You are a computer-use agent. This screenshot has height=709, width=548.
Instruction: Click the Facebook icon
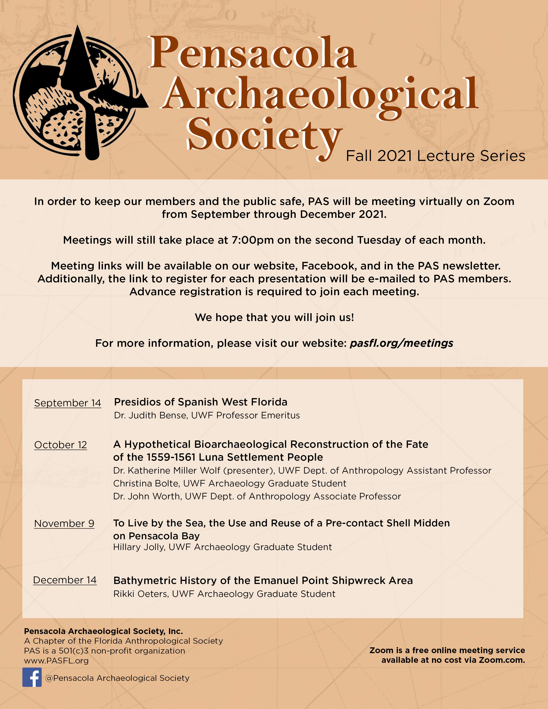(x=32, y=677)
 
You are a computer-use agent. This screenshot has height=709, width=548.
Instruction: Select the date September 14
(x=67, y=403)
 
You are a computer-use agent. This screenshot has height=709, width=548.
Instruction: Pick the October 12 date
(x=60, y=445)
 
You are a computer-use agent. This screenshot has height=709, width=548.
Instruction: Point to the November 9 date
(x=64, y=523)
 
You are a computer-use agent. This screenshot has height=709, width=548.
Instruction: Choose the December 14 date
(x=65, y=580)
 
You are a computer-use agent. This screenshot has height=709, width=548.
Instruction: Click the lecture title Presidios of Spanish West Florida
(x=200, y=402)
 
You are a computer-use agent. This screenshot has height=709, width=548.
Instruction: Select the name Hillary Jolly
(x=139, y=547)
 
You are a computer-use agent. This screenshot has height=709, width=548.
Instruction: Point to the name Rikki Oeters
(x=141, y=594)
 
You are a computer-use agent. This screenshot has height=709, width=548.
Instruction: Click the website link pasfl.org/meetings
(x=401, y=343)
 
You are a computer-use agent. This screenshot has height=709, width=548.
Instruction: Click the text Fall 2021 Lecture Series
(x=435, y=156)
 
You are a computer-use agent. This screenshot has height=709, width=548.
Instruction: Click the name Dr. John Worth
(x=146, y=496)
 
